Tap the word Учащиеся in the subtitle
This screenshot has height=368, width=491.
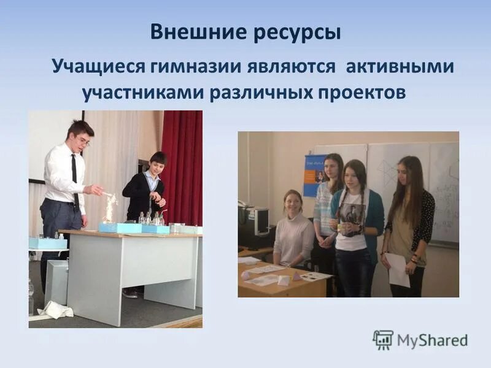pyautogui.click(x=91, y=66)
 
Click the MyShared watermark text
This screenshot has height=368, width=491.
pyautogui.click(x=433, y=340)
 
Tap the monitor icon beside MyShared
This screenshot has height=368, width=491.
pyautogui.click(x=383, y=340)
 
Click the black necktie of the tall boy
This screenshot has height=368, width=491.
pyautogui.click(x=74, y=175)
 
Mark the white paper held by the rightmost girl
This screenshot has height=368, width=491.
pyautogui.click(x=398, y=269)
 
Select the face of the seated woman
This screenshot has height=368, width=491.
pyautogui.click(x=292, y=201)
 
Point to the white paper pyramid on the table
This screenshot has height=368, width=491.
pyautogui.click(x=284, y=280)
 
